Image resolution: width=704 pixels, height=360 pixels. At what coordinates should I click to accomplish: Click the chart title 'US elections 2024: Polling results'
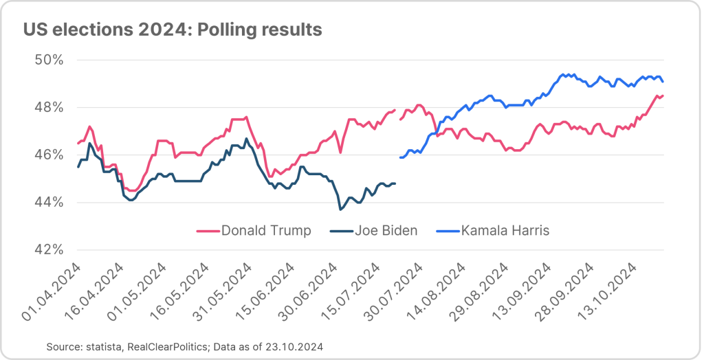point(172,30)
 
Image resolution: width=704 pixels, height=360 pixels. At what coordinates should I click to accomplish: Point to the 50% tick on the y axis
point(49,60)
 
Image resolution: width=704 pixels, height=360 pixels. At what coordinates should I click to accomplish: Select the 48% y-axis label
point(49,107)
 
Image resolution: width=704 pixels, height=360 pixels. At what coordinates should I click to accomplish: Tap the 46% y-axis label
point(49,155)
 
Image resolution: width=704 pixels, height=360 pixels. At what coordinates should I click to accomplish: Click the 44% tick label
point(49,202)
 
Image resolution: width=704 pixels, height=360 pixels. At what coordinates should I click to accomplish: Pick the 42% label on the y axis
point(49,249)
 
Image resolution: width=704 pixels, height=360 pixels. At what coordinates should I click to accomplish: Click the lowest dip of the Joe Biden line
point(340,209)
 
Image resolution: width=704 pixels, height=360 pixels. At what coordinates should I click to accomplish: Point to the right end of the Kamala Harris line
point(663,82)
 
